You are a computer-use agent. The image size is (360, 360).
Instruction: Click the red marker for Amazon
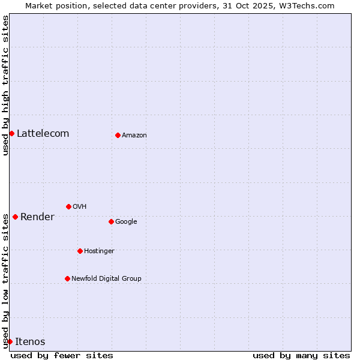[118, 135]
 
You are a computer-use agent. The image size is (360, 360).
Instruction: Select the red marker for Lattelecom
[11, 133]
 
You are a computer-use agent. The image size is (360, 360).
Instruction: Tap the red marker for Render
[15, 217]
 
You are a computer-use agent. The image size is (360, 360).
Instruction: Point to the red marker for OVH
[68, 206]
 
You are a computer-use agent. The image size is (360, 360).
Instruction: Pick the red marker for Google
[111, 221]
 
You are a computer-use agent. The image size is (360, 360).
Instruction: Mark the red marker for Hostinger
[80, 251]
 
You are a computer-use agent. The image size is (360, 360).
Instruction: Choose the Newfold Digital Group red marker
[67, 278]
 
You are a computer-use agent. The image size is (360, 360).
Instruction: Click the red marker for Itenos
[10, 341]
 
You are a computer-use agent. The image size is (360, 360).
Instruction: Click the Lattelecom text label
[43, 133]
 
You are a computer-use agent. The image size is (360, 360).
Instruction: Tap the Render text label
[37, 217]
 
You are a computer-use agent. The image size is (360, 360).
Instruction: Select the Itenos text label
[30, 341]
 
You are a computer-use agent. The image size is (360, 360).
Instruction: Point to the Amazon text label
[134, 135]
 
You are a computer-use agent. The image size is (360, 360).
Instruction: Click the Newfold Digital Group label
[106, 278]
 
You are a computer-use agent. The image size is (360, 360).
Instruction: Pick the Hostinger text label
[99, 251]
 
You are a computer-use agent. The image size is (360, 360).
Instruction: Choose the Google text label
[126, 221]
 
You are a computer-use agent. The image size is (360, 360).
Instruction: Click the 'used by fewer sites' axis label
[62, 355]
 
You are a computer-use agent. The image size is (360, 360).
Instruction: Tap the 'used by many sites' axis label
[301, 355]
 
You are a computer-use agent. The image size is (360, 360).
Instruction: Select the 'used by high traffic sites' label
[5, 85]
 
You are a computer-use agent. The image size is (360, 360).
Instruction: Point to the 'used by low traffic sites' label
[5, 276]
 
